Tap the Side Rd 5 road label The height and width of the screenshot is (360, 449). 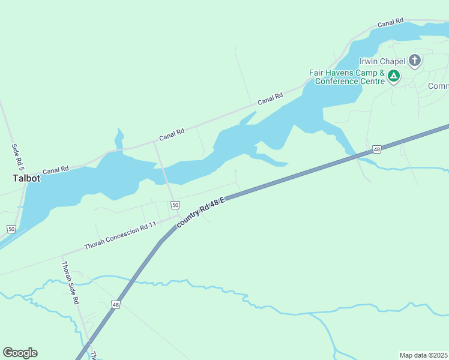[16, 155]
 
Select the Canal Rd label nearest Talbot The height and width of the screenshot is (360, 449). [56, 170]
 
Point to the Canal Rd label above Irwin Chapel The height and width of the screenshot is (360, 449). [390, 23]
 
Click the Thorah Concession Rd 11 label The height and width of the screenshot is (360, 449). [120, 236]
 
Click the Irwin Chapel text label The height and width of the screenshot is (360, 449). [382, 61]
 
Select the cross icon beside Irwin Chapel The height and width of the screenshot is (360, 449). [414, 60]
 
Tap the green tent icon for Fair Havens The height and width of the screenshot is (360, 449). [394, 76]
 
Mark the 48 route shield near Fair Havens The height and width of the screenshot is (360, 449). [376, 149]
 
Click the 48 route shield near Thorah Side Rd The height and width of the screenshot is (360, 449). [115, 305]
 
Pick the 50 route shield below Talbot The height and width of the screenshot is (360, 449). [11, 229]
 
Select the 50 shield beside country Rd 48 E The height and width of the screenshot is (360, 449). [175, 205]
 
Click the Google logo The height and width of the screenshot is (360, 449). [20, 353]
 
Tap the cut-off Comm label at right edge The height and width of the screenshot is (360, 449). [438, 86]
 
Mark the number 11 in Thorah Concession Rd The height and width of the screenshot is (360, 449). [152, 224]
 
